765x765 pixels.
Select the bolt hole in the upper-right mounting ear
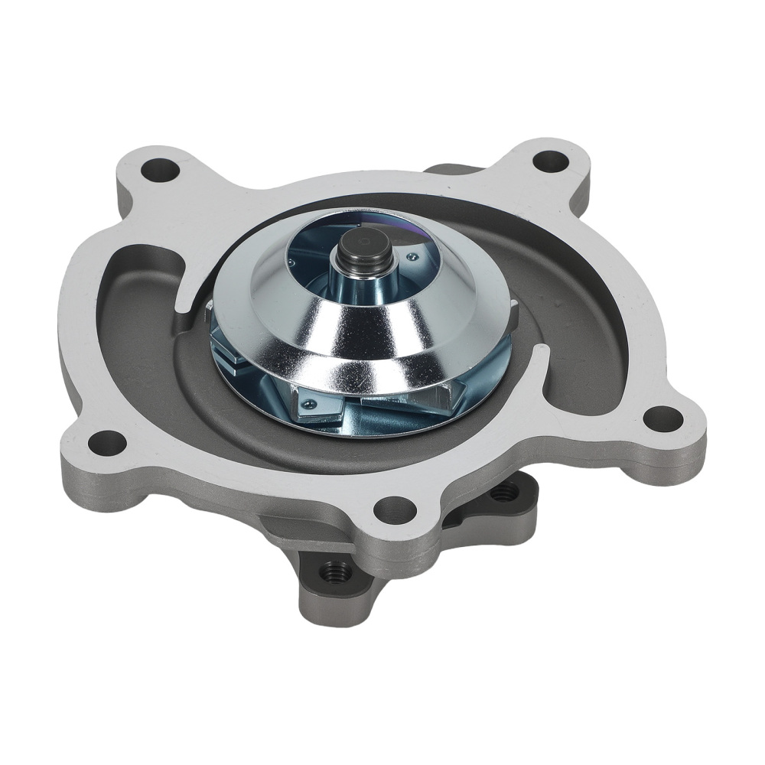tap(551, 161)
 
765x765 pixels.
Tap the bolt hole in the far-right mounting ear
tap(662, 418)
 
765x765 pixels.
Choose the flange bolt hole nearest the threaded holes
tap(397, 507)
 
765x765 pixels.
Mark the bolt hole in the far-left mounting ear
tap(108, 442)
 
